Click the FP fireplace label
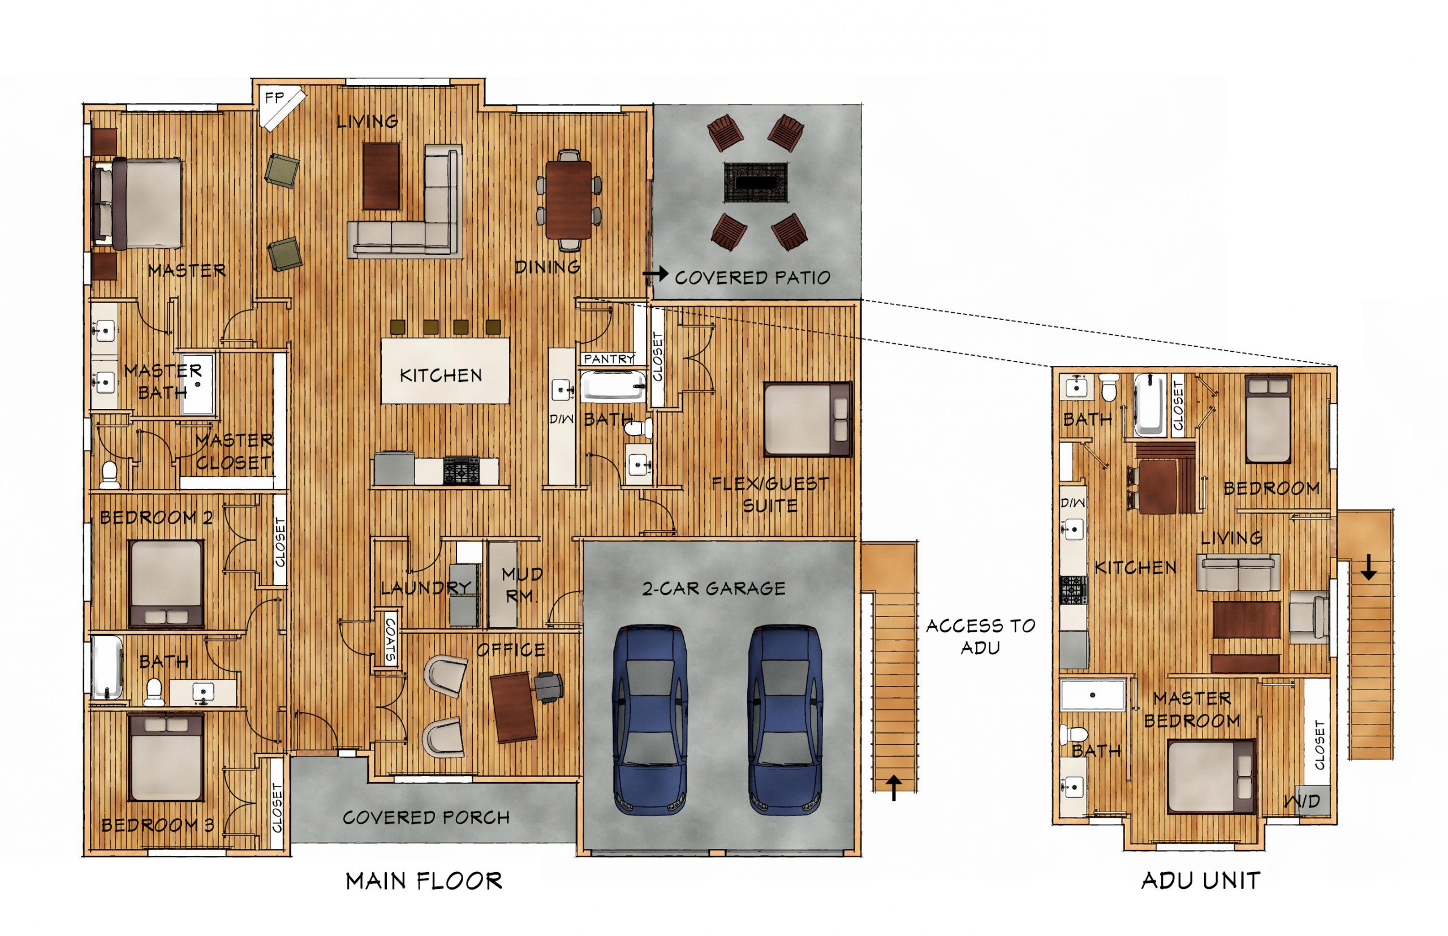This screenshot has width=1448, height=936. click(274, 97)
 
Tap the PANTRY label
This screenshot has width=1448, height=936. click(609, 359)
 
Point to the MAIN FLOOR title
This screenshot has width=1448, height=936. click(424, 881)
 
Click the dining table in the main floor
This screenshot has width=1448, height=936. click(568, 199)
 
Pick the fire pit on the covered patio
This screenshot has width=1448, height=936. click(756, 182)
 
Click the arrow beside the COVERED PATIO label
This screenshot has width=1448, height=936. click(654, 275)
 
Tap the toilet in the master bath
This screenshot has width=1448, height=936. click(109, 475)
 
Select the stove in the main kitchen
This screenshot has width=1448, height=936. click(461, 471)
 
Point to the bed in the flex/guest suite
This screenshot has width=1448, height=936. click(807, 418)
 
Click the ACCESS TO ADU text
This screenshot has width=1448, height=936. click(980, 636)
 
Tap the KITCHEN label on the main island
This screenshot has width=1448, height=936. click(441, 375)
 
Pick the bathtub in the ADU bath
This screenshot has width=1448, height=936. click(1149, 405)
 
